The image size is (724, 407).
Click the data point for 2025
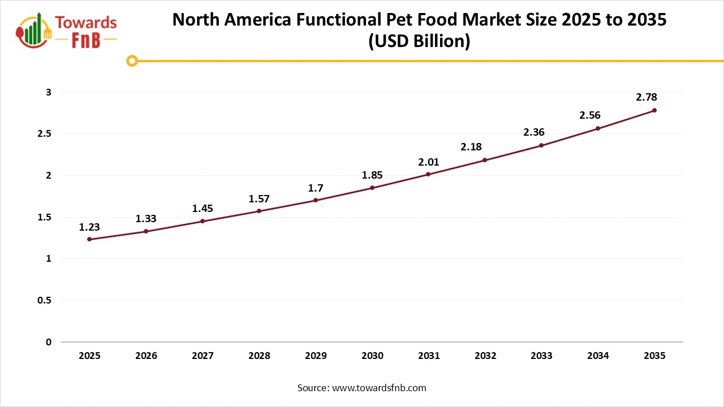pyautogui.click(x=89, y=239)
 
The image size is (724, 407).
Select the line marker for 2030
pyautogui.click(x=372, y=188)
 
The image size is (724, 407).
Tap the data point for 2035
pyautogui.click(x=654, y=110)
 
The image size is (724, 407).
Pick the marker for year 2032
pyautogui.click(x=485, y=160)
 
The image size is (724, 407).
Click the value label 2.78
pyautogui.click(x=647, y=97)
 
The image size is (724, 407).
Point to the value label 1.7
pyautogui.click(x=316, y=187)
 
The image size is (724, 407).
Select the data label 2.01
pyautogui.click(x=428, y=162)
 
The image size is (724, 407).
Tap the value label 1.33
pyautogui.click(x=146, y=219)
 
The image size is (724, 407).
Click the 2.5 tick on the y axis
pyautogui.click(x=45, y=134)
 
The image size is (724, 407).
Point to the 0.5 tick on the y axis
pyautogui.click(x=45, y=301)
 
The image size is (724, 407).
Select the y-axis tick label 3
pyautogui.click(x=49, y=92)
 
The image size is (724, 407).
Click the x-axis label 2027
pyautogui.click(x=202, y=356)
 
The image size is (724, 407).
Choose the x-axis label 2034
pyautogui.click(x=598, y=356)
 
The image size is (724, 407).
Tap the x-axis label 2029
pyautogui.click(x=316, y=356)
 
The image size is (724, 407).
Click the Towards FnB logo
pyautogui.click(x=67, y=29)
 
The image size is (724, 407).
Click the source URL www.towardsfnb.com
pyautogui.click(x=378, y=388)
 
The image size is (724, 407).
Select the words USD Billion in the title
pyautogui.click(x=419, y=41)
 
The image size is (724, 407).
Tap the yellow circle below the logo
pyautogui.click(x=132, y=60)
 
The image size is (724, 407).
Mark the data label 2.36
pyautogui.click(x=533, y=132)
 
